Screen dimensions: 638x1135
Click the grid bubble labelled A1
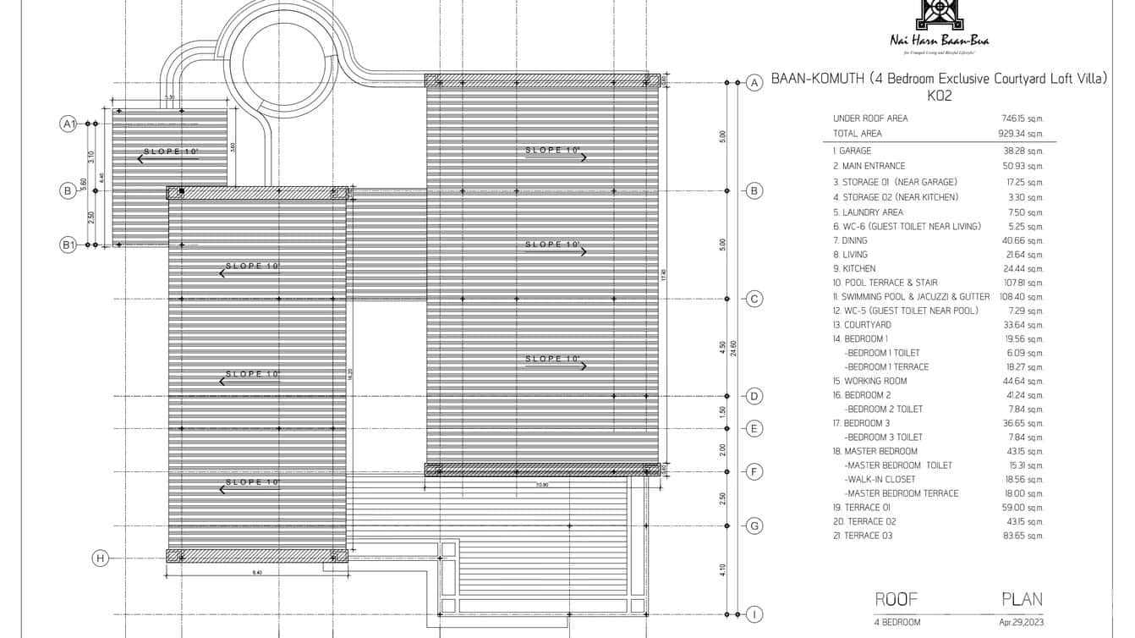pyautogui.click(x=69, y=124)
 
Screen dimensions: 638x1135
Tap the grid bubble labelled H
pyautogui.click(x=101, y=558)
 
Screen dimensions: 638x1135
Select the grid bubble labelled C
pyautogui.click(x=754, y=299)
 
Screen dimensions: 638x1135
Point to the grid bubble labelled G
pyautogui.click(x=754, y=525)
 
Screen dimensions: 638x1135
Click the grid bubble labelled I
pyautogui.click(x=754, y=614)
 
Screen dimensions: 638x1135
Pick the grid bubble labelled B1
pyautogui.click(x=69, y=245)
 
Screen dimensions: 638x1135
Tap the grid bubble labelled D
pyautogui.click(x=754, y=396)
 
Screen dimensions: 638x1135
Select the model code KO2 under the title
pyautogui.click(x=940, y=96)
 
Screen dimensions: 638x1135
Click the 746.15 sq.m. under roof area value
pyautogui.click(x=1020, y=119)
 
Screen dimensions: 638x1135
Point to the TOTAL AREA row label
pyautogui.click(x=857, y=134)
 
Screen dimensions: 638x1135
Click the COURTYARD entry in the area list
pyautogui.click(x=862, y=325)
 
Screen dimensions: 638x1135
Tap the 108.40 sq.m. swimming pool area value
pyautogui.click(x=1020, y=297)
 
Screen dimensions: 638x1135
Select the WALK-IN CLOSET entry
pyautogui.click(x=880, y=480)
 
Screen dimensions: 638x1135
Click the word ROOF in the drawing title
pyautogui.click(x=896, y=599)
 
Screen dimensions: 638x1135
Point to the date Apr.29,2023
pyautogui.click(x=1021, y=623)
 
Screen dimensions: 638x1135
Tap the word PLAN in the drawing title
pyautogui.click(x=1022, y=599)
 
